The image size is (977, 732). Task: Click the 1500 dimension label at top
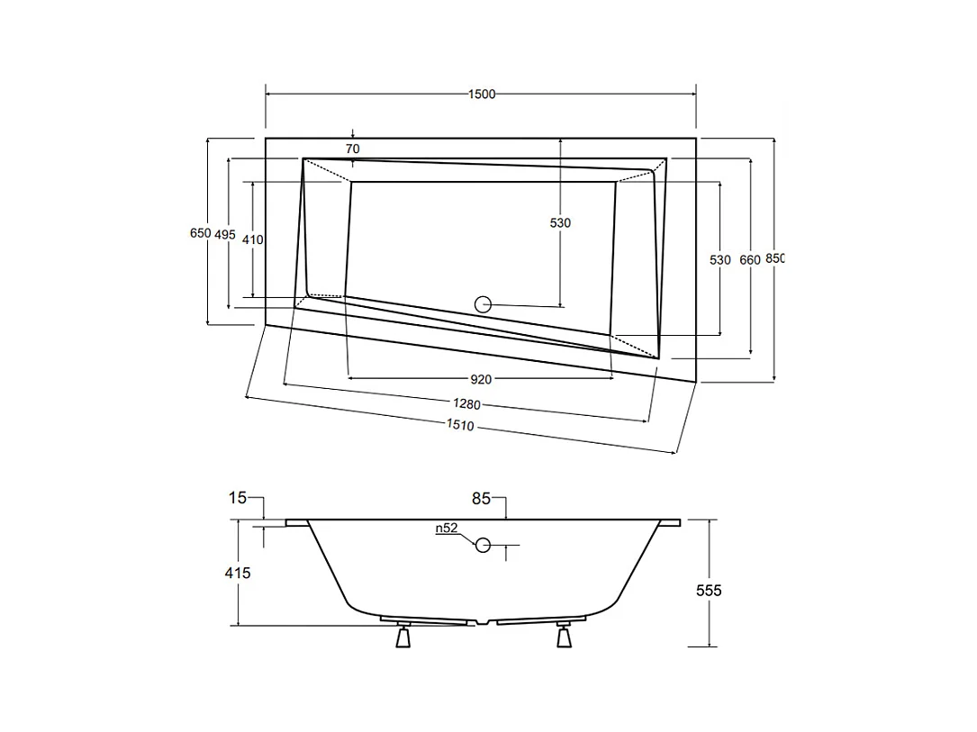click(x=482, y=94)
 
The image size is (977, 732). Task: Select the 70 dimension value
click(x=353, y=149)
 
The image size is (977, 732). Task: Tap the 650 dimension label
click(x=200, y=233)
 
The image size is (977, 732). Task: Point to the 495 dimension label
click(x=225, y=234)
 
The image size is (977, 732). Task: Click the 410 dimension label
click(x=252, y=239)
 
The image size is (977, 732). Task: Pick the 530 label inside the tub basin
click(x=560, y=223)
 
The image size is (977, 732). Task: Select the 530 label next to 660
click(x=719, y=260)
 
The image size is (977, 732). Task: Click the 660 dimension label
click(x=750, y=260)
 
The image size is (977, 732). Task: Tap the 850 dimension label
click(x=775, y=258)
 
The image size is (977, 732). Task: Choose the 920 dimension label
click(x=481, y=379)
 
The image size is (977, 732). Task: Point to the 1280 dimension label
click(x=466, y=404)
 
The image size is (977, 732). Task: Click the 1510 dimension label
click(x=460, y=425)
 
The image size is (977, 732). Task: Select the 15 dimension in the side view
click(x=238, y=498)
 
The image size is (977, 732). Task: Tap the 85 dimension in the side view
click(x=481, y=499)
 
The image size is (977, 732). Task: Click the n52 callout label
click(x=446, y=529)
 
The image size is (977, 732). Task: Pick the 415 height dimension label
click(x=238, y=573)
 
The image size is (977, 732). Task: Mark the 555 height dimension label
click(x=709, y=590)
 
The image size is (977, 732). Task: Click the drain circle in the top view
click(x=483, y=304)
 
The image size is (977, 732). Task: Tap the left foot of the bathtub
click(x=403, y=635)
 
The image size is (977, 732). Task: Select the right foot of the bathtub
click(x=564, y=635)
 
